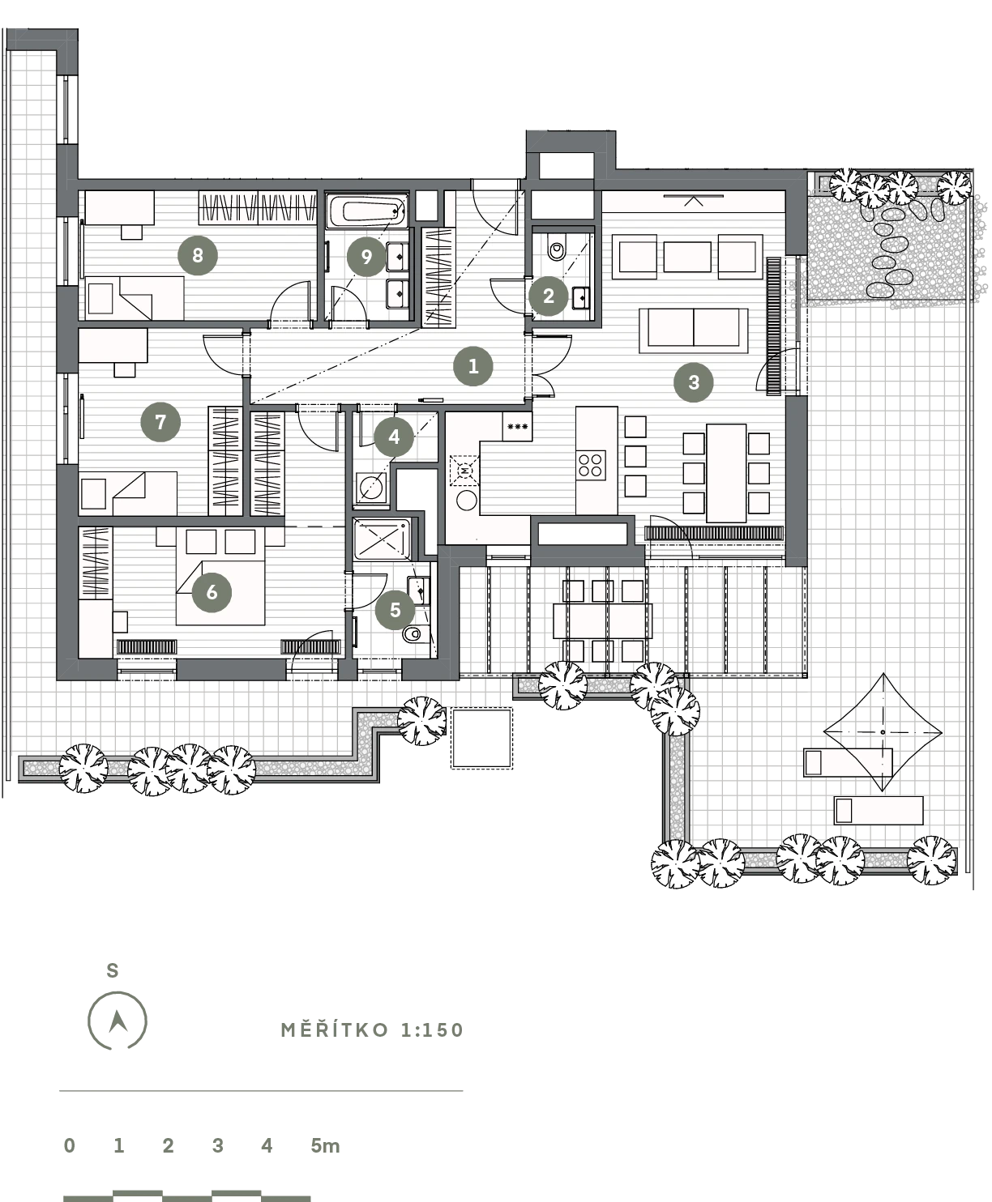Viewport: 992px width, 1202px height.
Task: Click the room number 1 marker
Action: coord(473,366)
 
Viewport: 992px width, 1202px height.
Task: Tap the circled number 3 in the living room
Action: coord(694,382)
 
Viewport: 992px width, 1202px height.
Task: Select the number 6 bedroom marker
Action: coord(212,592)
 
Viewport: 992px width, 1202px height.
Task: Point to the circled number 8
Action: coord(198,255)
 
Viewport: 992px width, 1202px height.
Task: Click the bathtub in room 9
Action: coord(367,211)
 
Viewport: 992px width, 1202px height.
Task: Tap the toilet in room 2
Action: coord(557,250)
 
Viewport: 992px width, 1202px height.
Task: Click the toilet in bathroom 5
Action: coord(413,635)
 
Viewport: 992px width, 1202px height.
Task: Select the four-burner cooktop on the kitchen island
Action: coord(591,466)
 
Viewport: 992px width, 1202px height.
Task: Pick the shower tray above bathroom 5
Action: coord(382,539)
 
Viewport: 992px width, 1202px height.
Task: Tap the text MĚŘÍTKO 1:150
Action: coord(372,1030)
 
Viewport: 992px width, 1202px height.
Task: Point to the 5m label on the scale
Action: coord(325,1145)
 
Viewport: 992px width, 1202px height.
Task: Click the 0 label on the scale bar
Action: coord(69,1145)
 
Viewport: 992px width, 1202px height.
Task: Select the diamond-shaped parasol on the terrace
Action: coord(883,732)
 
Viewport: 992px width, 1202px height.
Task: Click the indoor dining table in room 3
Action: coord(726,473)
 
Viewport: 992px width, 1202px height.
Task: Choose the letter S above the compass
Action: coord(113,970)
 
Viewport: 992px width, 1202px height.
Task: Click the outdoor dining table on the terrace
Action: coord(602,621)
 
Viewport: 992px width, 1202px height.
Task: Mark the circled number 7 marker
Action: coord(160,422)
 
